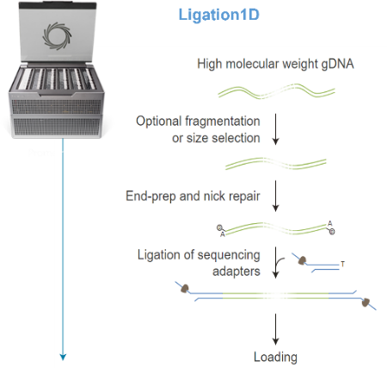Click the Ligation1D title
click(219, 15)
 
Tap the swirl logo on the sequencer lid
click(57, 36)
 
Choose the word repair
click(244, 196)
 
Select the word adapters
click(236, 271)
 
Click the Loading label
click(275, 357)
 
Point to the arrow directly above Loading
click(275, 329)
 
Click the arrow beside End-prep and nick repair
click(275, 196)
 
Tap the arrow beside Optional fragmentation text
click(275, 129)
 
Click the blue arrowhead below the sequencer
click(63, 357)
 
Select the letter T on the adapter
click(342, 264)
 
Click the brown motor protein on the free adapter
click(302, 261)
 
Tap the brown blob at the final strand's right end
click(365, 303)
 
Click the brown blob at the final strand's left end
click(185, 289)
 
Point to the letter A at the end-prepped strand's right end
click(330, 223)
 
